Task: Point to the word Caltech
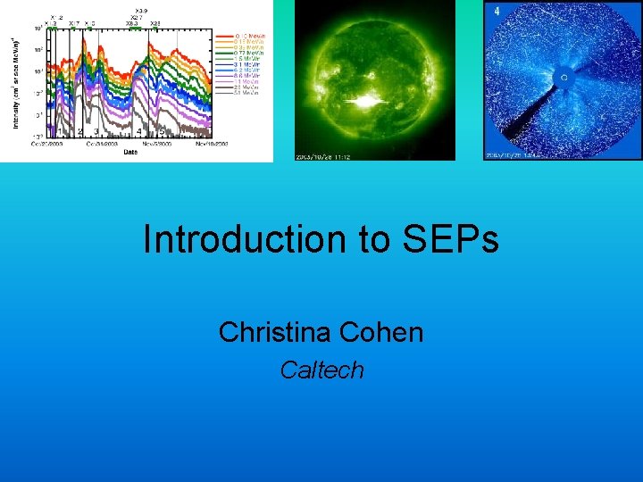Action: point(321,370)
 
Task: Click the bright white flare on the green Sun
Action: point(366,101)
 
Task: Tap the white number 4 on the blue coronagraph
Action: point(496,11)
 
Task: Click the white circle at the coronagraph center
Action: point(564,79)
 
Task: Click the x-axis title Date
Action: point(130,152)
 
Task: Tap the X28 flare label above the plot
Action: point(155,24)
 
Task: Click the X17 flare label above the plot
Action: point(75,24)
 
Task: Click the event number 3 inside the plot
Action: point(96,131)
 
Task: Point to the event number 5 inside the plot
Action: point(162,131)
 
